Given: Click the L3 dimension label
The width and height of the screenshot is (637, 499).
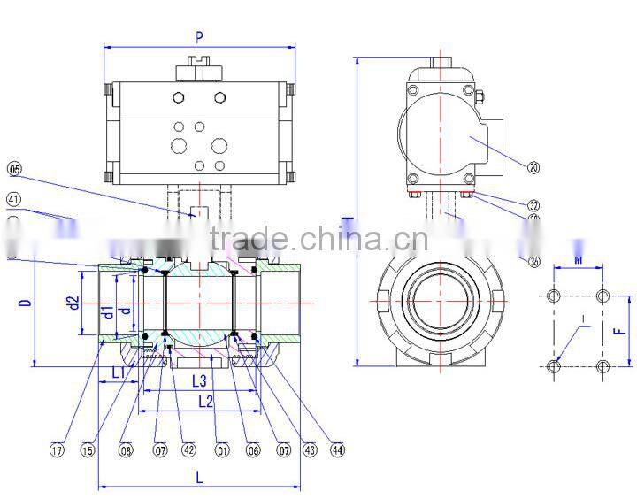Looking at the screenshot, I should [199, 380].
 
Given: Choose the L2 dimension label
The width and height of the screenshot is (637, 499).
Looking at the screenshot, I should [205, 401].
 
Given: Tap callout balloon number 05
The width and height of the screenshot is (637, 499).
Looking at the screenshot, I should [13, 168].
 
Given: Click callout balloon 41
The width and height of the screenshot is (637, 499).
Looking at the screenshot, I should [13, 199].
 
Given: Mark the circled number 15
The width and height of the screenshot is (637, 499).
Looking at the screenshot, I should [87, 449].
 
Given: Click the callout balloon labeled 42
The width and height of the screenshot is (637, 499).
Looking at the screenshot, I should [188, 449].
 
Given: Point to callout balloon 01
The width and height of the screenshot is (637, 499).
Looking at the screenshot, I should [222, 449].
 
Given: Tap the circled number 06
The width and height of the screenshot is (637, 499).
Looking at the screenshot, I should [253, 449].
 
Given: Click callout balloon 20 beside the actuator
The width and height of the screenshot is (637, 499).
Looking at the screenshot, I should [533, 165].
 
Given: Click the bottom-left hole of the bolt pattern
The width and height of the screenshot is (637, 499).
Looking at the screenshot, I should [555, 367].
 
